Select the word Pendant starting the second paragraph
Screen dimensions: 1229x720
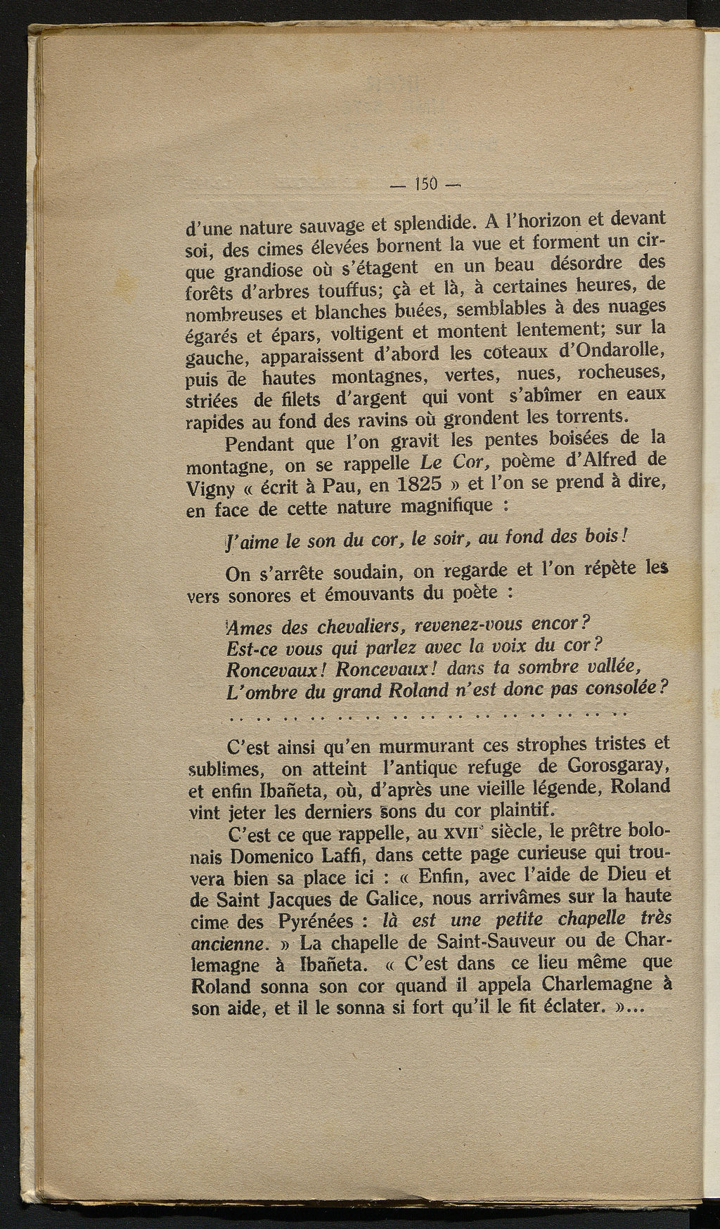261,443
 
